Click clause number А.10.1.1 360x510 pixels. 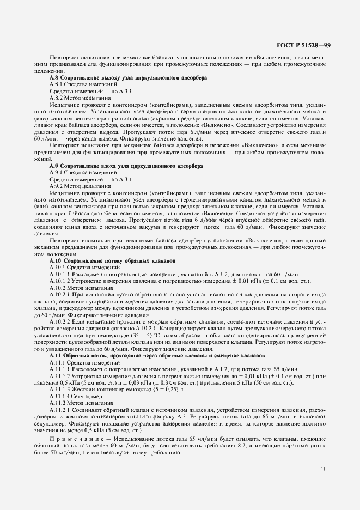(x=61, y=274)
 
